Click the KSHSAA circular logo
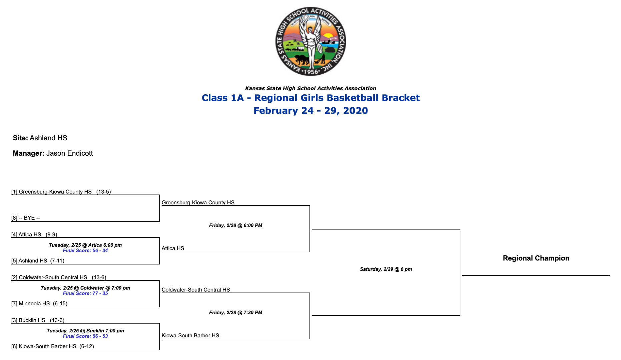310,41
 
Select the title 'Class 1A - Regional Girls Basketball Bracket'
310,98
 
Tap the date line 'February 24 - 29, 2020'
310,111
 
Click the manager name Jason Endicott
70,153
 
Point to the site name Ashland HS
48,138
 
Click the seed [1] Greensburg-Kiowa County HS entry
61,192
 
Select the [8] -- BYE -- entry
26,218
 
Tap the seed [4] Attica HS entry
34,234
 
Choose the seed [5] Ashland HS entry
38,261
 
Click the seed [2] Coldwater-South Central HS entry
59,277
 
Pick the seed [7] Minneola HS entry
39,303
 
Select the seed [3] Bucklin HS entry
38,320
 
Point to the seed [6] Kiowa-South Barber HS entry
53,346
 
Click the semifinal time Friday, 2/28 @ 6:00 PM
236,225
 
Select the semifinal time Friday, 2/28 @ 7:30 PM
236,312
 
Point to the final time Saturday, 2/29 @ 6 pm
386,269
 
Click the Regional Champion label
536,258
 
